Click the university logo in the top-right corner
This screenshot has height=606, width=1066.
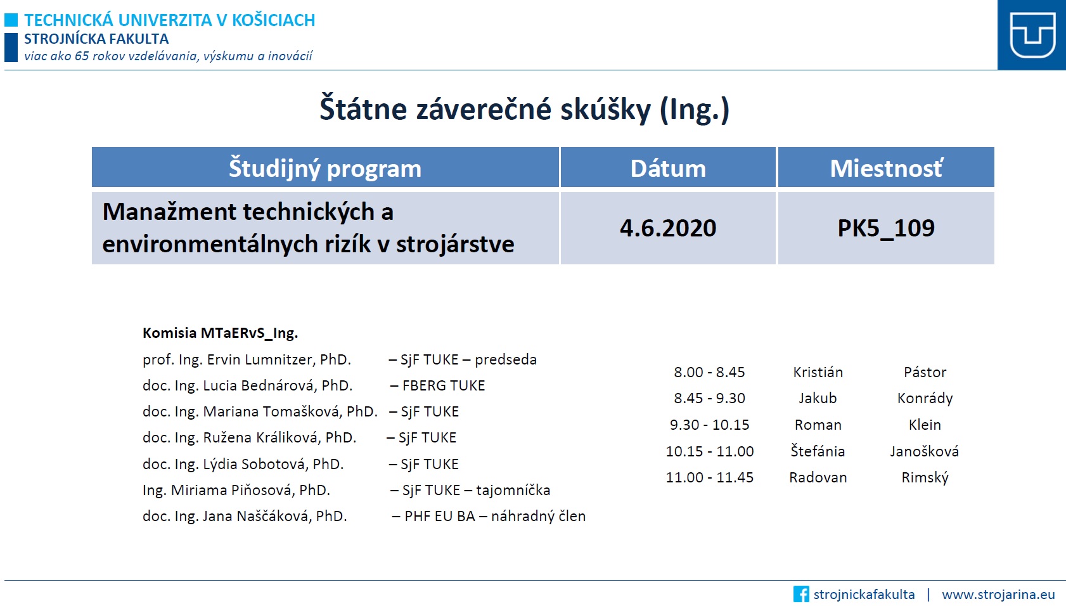1032,35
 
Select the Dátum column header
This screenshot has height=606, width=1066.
668,168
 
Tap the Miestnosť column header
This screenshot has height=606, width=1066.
886,168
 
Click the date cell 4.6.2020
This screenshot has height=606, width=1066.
668,228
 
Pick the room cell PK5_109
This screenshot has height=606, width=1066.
886,228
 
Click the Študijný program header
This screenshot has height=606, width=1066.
325,168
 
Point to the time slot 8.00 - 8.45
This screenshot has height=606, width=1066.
709,372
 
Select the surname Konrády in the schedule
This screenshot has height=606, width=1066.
925,399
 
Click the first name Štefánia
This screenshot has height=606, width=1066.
818,451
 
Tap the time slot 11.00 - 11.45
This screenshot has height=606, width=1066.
710,477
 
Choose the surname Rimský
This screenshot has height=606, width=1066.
925,477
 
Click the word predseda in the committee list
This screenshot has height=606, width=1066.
505,359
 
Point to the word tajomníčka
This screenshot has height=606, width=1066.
513,491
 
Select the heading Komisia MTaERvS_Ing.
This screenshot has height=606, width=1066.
221,333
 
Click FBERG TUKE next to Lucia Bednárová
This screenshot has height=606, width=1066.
444,385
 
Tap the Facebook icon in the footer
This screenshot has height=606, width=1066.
801,594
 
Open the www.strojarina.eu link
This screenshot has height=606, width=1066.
998,595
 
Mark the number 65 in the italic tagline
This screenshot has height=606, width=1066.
81,56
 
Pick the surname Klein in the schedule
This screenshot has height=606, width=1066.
925,425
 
